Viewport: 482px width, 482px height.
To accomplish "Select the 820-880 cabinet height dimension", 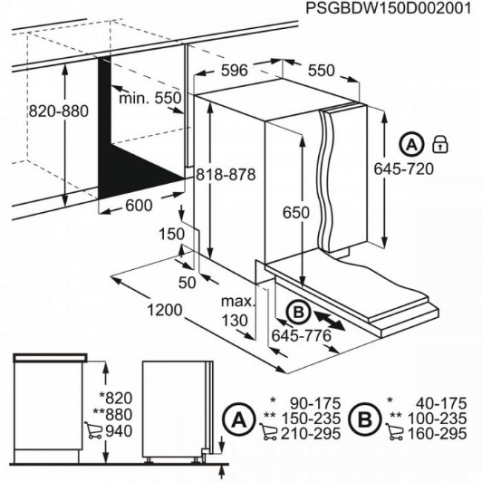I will tap(58, 111).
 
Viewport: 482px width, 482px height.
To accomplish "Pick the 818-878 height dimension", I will tap(225, 175).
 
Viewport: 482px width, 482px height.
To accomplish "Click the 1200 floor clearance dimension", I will tap(164, 309).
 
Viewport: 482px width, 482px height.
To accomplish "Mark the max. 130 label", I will tap(237, 311).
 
